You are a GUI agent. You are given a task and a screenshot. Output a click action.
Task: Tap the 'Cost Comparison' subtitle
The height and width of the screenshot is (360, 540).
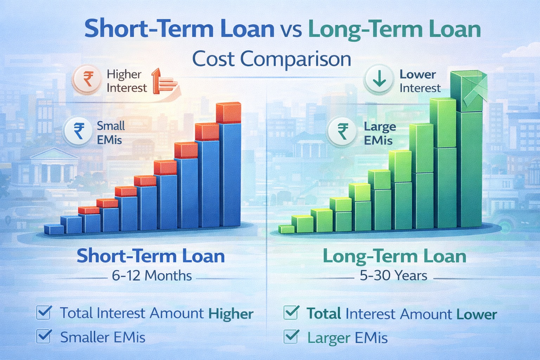pyautogui.click(x=271, y=59)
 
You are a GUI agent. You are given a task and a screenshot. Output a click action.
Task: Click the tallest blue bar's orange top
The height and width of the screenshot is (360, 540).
pyautogui.click(x=229, y=113)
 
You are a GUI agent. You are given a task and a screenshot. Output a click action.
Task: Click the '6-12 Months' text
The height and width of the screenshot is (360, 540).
pyautogui.click(x=152, y=276)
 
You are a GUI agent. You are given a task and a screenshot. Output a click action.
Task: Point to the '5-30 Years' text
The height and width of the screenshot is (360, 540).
pyautogui.click(x=393, y=276)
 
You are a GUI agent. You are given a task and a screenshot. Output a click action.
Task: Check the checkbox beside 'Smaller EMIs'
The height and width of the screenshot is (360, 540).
pyautogui.click(x=44, y=336)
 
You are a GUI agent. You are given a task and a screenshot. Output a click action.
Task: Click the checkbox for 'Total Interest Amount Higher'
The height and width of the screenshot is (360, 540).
pyautogui.click(x=44, y=312)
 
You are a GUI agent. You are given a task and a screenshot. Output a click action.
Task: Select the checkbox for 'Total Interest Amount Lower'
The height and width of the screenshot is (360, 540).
pyautogui.click(x=291, y=313)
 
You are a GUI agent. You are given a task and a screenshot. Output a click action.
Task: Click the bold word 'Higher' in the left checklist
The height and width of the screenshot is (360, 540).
pyautogui.click(x=231, y=314)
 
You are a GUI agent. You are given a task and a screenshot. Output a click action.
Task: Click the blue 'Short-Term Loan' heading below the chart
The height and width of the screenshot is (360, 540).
pyautogui.click(x=151, y=256)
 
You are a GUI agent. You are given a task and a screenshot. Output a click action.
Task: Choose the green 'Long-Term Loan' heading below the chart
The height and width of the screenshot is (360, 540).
pyautogui.click(x=394, y=257)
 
